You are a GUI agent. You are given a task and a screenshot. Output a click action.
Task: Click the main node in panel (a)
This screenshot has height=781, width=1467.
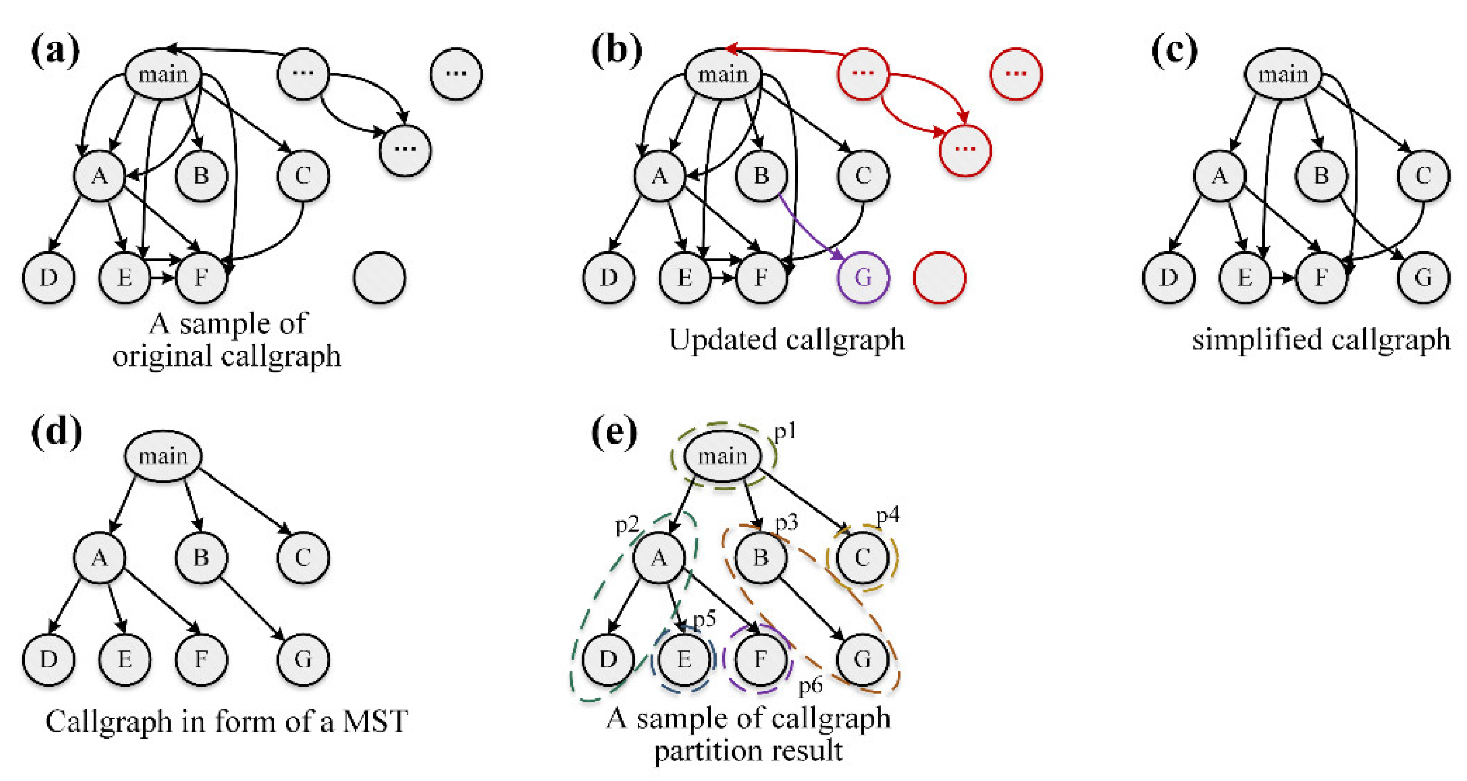tap(163, 75)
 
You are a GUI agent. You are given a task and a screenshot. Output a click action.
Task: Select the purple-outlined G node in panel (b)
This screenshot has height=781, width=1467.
tap(862, 278)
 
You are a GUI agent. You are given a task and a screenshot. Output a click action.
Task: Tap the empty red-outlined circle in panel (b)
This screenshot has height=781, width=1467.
tap(939, 278)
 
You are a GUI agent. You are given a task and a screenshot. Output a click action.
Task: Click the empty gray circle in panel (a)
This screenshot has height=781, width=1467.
tap(379, 278)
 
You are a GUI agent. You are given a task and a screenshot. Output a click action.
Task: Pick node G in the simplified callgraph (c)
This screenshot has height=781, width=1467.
tap(1423, 278)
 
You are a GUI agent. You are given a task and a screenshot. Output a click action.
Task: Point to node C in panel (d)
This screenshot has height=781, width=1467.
tap(302, 556)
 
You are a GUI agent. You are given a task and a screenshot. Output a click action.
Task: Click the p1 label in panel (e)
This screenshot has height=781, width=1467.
tap(785, 432)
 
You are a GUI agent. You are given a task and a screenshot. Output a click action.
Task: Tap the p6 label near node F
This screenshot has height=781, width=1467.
tap(810, 685)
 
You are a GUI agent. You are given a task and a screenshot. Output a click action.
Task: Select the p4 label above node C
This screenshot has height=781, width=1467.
tap(888, 515)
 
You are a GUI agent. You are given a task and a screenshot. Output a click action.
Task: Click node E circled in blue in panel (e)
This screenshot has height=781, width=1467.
tap(684, 658)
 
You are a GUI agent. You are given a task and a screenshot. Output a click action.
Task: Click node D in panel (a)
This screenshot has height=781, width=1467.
tap(48, 278)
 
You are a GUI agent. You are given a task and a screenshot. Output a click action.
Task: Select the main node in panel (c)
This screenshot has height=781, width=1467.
tap(1283, 75)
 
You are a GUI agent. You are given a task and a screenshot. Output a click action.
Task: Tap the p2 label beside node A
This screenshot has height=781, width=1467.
tap(626, 524)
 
